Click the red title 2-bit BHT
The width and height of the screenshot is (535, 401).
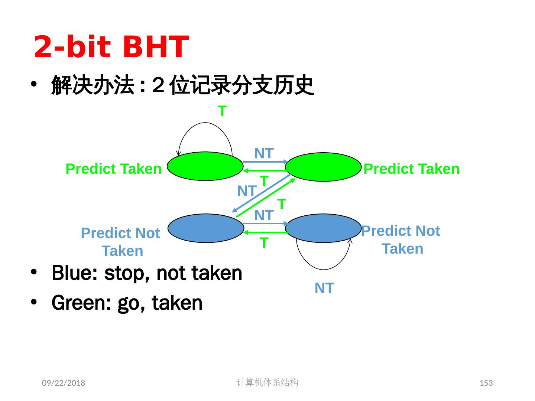pos(111,46)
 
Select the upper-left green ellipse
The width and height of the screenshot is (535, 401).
pos(205,166)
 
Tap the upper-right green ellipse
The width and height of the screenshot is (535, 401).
pos(323,167)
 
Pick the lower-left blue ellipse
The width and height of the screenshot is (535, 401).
pos(206,228)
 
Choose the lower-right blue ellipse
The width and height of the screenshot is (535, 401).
pos(323,228)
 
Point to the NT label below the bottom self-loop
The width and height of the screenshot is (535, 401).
pos(324,288)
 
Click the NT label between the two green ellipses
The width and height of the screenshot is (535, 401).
pos(264,153)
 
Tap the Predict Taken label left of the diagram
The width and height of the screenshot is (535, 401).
pos(114,169)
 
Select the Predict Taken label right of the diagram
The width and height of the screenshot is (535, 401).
pos(411,169)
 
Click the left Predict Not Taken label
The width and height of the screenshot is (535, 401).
pos(120,242)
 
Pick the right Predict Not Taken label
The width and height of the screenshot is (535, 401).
pos(401,239)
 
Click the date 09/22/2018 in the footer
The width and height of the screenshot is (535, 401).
pos(64,383)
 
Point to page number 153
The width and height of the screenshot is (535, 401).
pos(486,383)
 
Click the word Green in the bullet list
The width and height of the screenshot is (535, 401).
pos(81,303)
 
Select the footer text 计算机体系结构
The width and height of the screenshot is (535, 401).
pos(267,382)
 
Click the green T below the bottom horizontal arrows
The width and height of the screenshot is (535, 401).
pos(264,243)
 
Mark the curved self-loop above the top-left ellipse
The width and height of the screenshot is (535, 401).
pos(205,123)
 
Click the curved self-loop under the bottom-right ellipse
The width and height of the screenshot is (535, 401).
pos(324,270)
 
